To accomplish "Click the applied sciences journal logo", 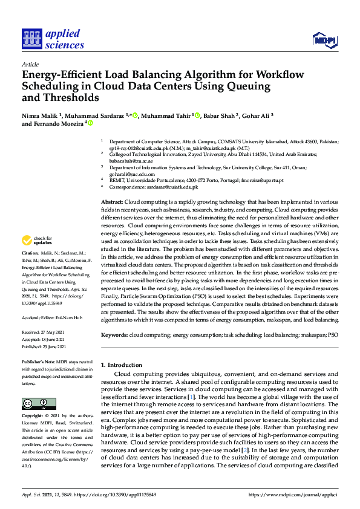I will (x=53, y=39).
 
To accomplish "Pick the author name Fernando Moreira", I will (x=58, y=123).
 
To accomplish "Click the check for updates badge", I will (x=38, y=241).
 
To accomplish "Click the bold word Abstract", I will (x=111, y=201).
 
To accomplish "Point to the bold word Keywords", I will (x=114, y=334).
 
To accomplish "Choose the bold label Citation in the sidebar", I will (x=30, y=269).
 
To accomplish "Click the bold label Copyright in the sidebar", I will (x=33, y=417).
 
